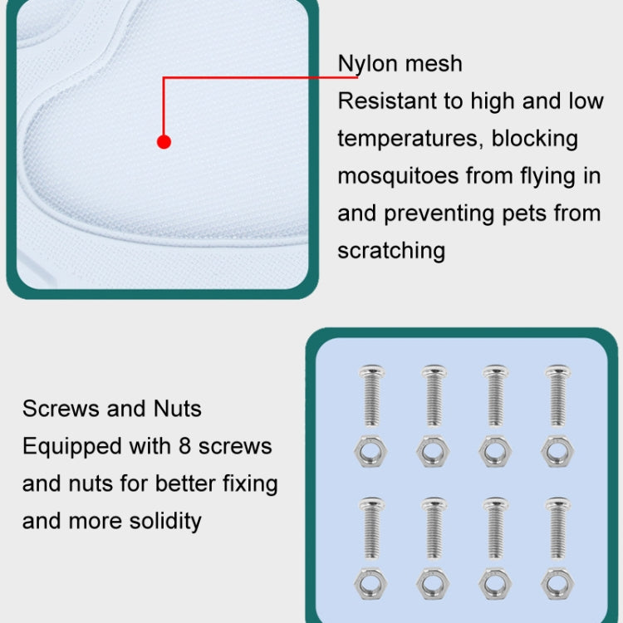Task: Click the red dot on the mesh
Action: coord(164,142)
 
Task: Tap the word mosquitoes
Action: coord(398,177)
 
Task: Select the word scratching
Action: coord(391,252)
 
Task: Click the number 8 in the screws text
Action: coord(184,446)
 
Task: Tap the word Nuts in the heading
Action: coord(177,409)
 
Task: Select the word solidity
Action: coord(165,521)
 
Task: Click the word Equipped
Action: coord(72,447)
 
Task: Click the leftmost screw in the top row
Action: coord(371,395)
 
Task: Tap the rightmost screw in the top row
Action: coord(557,395)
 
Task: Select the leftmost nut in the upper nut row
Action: coord(370,451)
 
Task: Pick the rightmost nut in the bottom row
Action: coord(557,584)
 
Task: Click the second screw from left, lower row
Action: coord(434,528)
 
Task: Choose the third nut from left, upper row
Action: coord(495,451)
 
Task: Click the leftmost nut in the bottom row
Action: coord(370,584)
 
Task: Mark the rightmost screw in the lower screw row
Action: coord(557,528)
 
